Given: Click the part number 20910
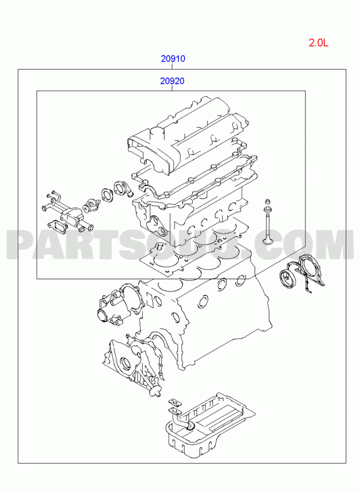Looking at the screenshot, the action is point(173,59).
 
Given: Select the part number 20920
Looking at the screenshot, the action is point(173,81).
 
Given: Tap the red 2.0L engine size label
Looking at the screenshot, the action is point(318,43).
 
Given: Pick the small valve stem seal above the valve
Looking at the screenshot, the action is point(268,202).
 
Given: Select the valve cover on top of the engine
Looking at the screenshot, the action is point(187,135).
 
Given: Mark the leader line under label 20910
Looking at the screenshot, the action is point(173,66).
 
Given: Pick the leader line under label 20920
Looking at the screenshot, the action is point(173,88).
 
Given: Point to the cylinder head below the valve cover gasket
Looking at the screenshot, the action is point(188,213).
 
